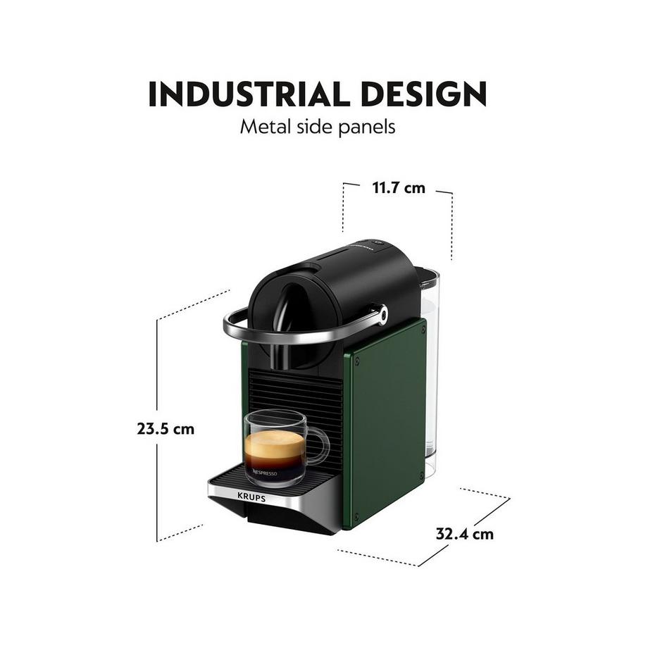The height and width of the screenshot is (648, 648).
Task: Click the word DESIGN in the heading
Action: click(x=423, y=94)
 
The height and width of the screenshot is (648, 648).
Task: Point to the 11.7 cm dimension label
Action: click(x=398, y=188)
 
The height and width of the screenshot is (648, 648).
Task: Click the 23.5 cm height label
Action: click(x=166, y=428)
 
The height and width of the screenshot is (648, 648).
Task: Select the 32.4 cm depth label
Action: click(x=464, y=533)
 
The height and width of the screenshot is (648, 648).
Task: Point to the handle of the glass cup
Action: click(x=318, y=445)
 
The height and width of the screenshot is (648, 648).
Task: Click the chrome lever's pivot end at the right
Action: click(x=381, y=315)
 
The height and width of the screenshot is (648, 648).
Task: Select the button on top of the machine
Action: click(x=377, y=244)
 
